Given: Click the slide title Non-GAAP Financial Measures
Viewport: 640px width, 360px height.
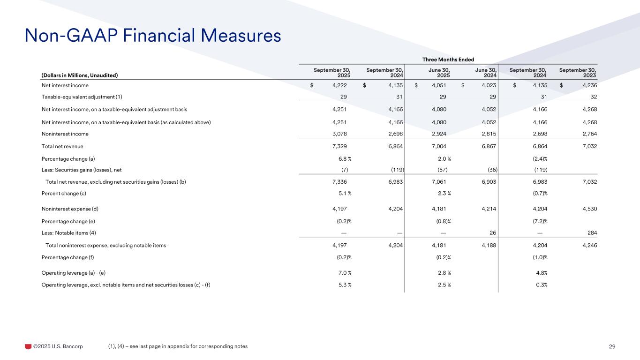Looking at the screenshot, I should click(x=152, y=35).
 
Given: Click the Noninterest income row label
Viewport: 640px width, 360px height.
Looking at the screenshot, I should click(x=65, y=134).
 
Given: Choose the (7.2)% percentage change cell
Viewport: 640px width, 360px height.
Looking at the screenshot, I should click(x=538, y=221).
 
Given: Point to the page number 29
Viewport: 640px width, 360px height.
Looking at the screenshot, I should click(x=612, y=346).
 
